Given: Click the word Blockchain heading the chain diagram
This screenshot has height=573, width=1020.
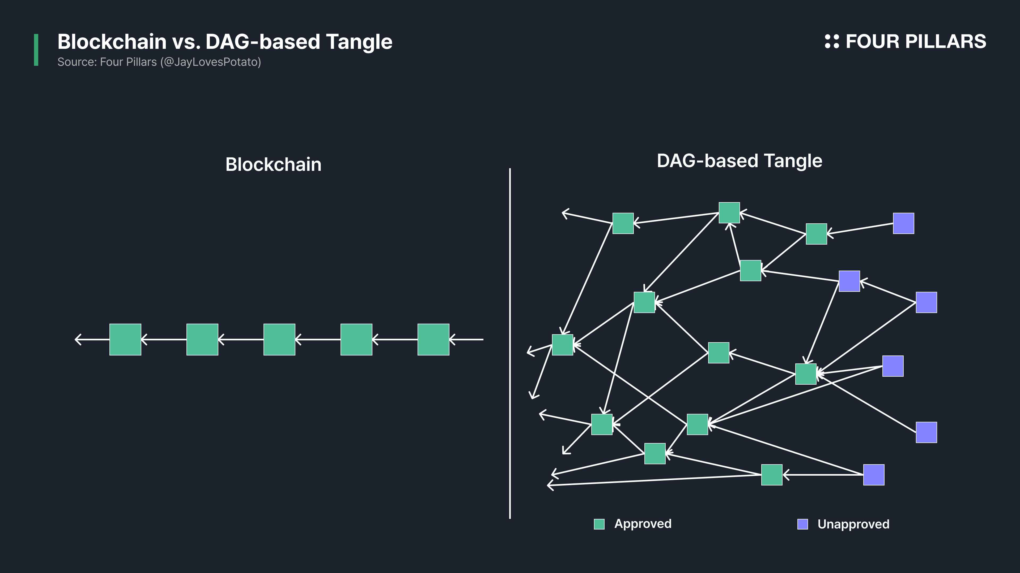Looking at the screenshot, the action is click(x=273, y=164).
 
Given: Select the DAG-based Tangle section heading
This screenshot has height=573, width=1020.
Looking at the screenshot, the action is click(x=739, y=161).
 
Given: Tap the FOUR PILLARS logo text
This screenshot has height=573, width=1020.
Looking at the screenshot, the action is click(x=916, y=42).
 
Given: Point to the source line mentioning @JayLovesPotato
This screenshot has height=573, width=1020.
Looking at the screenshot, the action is click(x=159, y=62).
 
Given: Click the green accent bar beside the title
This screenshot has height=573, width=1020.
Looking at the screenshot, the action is click(x=36, y=50).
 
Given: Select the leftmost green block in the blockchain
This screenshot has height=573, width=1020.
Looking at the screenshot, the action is click(x=125, y=340).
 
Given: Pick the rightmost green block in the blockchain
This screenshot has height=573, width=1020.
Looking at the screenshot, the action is click(x=433, y=340).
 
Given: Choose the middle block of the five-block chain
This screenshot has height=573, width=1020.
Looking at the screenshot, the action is click(x=279, y=340).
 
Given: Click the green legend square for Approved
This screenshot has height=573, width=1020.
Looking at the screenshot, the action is click(x=599, y=524).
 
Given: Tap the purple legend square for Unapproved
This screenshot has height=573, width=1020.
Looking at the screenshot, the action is click(x=803, y=524).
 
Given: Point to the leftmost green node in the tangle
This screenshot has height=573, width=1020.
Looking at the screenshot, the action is click(x=563, y=345).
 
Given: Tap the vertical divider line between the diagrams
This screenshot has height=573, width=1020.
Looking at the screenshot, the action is click(x=510, y=343).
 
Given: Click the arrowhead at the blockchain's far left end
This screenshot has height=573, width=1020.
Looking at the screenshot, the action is click(x=78, y=340).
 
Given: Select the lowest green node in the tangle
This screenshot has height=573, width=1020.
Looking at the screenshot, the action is click(x=772, y=475).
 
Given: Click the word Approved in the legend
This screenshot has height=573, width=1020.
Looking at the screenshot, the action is click(x=643, y=524).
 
